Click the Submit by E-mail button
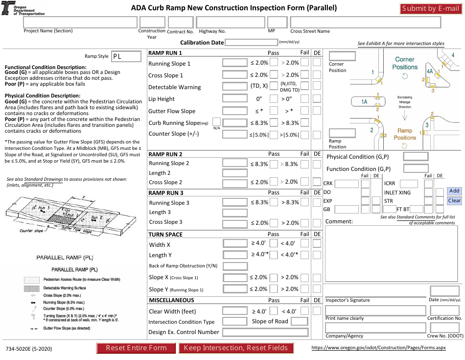coord(430,8)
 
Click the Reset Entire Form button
coord(136,348)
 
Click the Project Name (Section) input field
coord(80,22)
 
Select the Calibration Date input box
coord(251,43)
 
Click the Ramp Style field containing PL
coord(125,56)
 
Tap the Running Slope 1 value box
coord(234,63)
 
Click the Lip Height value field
coord(234,98)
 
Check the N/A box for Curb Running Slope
coord(216,121)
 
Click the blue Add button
coord(454,191)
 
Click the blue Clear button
coord(454,200)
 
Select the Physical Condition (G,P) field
coord(416,157)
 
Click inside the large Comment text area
coord(392,254)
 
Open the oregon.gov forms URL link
coord(379,348)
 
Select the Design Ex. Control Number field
coord(265,332)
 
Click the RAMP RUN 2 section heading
coord(165,154)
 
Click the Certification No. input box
coord(444,311)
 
